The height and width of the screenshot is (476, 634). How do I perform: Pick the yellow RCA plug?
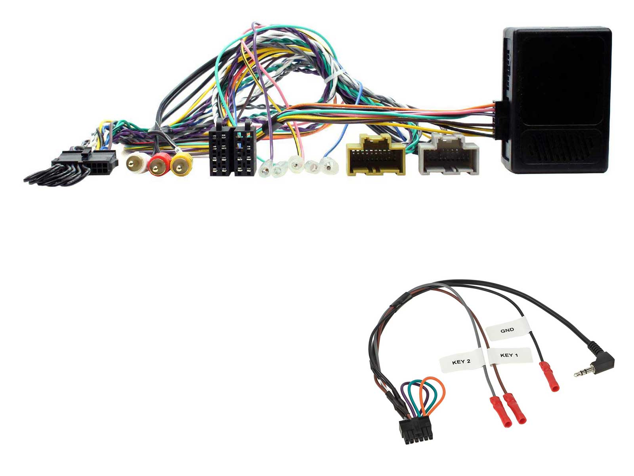point(181,164)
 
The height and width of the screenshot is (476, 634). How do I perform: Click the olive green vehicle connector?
point(376,155)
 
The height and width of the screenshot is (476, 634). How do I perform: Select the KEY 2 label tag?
point(461,361)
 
